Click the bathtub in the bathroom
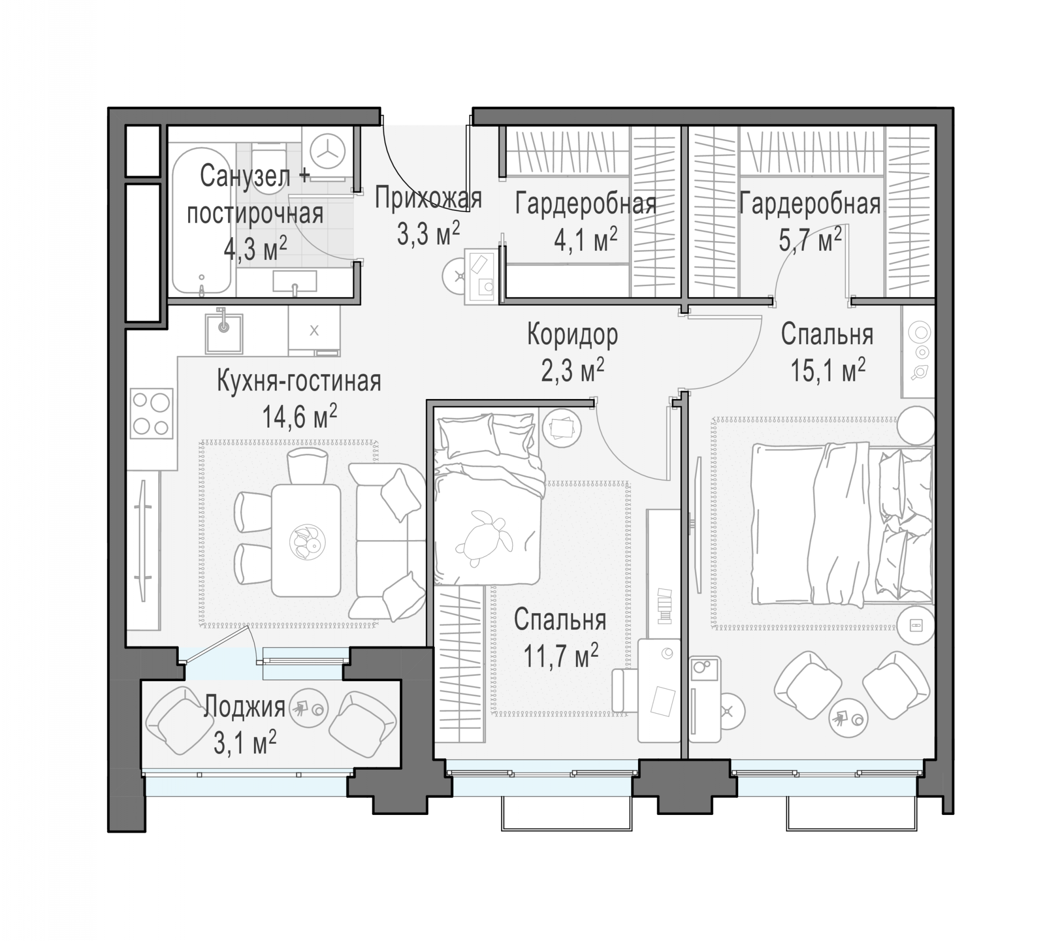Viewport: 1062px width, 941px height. tap(201, 221)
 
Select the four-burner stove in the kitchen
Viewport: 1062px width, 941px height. tap(151, 414)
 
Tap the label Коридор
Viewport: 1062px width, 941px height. tap(573, 335)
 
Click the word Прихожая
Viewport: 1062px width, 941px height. tap(429, 198)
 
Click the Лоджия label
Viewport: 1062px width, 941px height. tap(244, 707)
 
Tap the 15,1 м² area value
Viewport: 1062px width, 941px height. tap(828, 370)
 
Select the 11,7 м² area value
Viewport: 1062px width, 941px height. tap(560, 656)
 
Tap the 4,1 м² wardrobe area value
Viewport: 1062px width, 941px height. tap(585, 239)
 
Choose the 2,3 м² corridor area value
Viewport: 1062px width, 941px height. tap(573, 370)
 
